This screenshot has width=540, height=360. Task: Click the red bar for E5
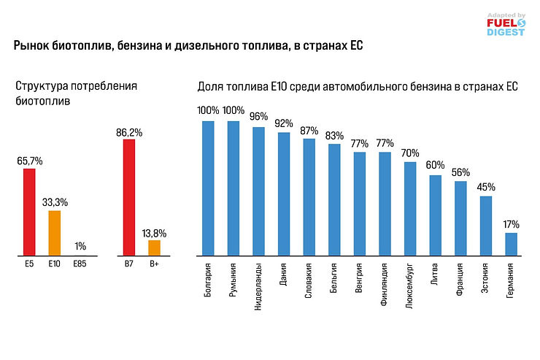coord(29,212)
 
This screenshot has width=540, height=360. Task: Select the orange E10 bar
coord(54,233)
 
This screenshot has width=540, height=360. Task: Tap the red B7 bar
coord(129,197)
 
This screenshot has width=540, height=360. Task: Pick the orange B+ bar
coord(154,248)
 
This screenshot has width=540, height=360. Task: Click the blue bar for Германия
coord(511,244)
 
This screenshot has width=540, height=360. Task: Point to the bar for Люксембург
coord(409,209)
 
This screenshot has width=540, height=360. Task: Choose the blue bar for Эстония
coord(486,226)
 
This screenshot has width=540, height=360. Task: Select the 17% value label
coord(511,224)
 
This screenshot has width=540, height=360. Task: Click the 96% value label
coord(258,117)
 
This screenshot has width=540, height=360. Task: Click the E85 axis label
coord(80,264)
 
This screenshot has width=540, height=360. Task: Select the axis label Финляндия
coord(385,288)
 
